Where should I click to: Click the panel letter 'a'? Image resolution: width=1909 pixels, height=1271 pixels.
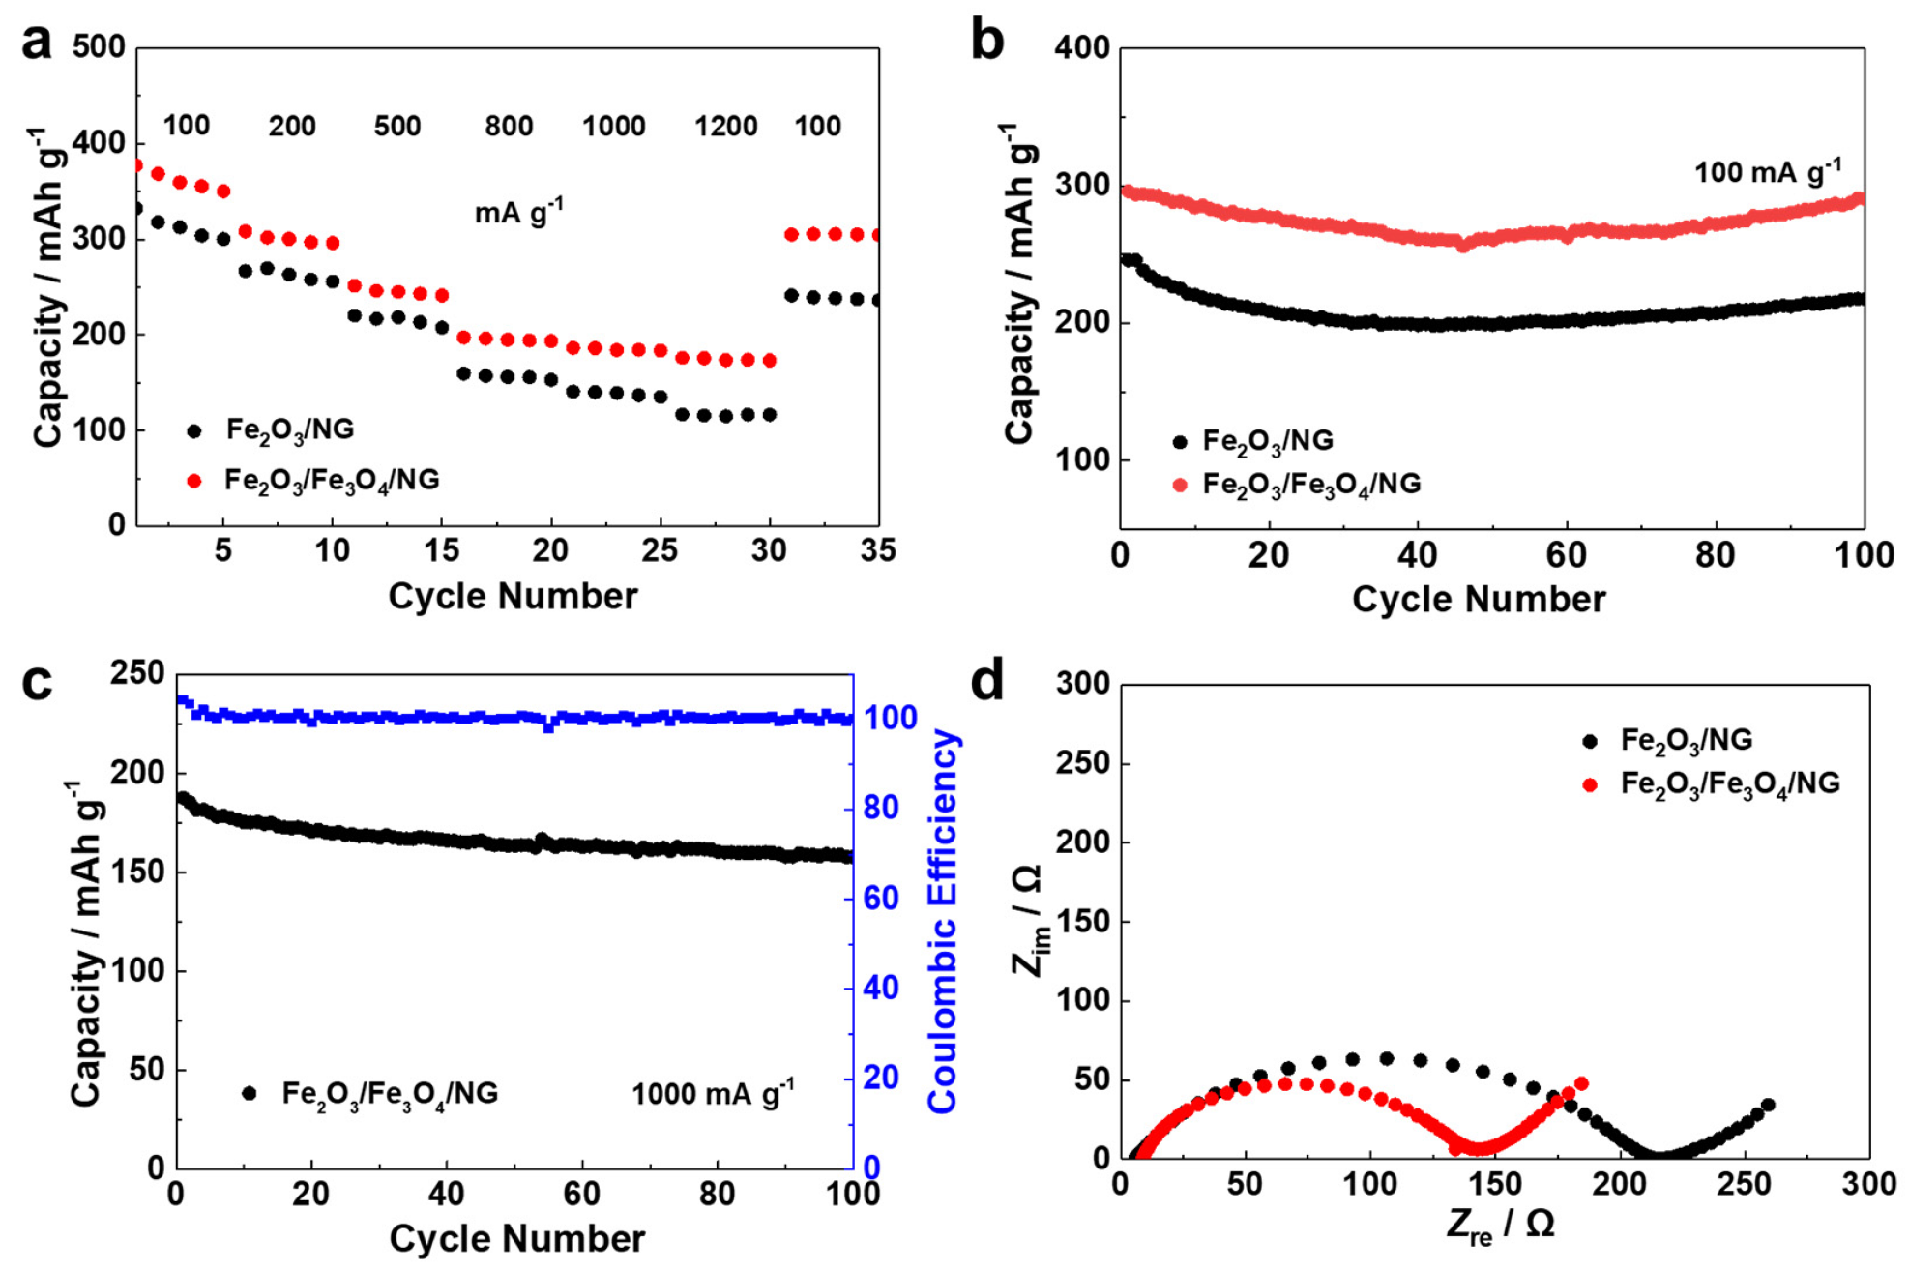[x=37, y=44]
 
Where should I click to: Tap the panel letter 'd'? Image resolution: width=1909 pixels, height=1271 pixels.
[x=987, y=680]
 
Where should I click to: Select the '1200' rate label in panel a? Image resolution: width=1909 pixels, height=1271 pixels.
[x=725, y=127]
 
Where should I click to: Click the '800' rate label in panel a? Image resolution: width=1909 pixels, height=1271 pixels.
[x=509, y=127]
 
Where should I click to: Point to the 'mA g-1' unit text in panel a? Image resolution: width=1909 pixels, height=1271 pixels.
[x=518, y=211]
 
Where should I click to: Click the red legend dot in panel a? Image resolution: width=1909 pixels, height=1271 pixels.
[x=194, y=481]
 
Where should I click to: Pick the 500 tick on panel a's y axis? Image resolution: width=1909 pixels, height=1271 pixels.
[x=99, y=46]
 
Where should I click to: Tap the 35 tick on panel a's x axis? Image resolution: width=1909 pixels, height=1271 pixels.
[x=877, y=550]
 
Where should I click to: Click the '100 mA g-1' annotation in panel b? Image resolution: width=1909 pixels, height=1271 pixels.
[x=1767, y=172]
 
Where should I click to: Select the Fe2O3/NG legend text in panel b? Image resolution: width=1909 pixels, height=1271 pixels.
[x=1267, y=441]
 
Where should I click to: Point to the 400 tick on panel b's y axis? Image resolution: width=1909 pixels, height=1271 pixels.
[x=1081, y=47]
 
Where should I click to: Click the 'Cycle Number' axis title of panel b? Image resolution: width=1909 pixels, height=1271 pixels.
[x=1478, y=600]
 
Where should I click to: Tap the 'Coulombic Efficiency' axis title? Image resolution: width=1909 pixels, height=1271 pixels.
[x=943, y=920]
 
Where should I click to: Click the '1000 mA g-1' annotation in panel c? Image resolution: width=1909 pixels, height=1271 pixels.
[x=713, y=1093]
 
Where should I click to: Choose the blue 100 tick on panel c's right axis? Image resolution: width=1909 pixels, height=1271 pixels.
[x=890, y=718]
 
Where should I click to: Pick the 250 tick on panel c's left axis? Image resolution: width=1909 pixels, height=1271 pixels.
[x=137, y=673]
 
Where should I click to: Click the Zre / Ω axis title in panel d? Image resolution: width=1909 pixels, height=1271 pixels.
[x=1500, y=1226]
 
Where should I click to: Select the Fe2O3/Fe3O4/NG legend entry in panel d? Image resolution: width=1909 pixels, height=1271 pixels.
[x=1729, y=783]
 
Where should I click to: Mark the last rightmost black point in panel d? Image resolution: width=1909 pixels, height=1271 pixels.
[x=1768, y=1105]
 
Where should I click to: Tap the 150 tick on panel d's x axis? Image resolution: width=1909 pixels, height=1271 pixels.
[x=1495, y=1184]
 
